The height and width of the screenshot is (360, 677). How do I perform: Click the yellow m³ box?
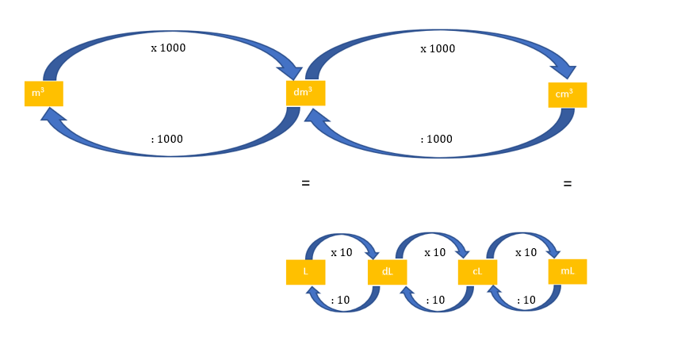(44, 94)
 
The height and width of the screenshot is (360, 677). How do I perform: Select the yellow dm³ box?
(305, 93)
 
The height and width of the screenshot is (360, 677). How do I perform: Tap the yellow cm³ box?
(567, 94)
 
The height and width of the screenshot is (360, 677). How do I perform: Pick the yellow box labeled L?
(305, 272)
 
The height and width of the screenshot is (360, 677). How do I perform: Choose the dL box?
(388, 272)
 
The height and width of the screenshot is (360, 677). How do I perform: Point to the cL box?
(477, 272)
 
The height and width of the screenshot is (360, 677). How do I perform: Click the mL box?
(568, 271)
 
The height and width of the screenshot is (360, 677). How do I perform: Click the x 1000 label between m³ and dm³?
(168, 48)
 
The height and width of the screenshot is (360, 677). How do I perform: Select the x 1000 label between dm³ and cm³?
(438, 48)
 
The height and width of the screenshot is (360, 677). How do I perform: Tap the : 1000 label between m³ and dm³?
(167, 139)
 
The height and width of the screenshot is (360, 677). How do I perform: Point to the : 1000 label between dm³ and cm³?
(436, 139)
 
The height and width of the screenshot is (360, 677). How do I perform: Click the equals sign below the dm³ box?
(305, 183)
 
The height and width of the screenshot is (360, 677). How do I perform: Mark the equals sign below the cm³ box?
(567, 184)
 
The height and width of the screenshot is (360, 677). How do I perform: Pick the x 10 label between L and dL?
(342, 252)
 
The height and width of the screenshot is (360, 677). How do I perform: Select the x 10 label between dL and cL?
(434, 252)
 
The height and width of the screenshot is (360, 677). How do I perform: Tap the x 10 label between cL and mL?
(526, 252)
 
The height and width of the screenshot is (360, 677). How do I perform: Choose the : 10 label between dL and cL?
(434, 300)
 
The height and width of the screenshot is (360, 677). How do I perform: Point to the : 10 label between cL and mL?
(526, 300)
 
